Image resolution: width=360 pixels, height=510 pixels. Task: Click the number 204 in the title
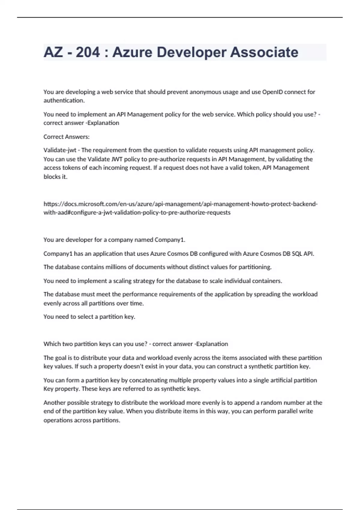click(x=88, y=52)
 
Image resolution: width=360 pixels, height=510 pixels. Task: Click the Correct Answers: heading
click(x=66, y=137)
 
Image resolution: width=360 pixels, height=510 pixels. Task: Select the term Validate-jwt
click(x=60, y=150)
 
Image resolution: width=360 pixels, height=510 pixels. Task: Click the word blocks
click(x=51, y=177)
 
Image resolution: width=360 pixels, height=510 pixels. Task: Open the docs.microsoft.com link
click(x=180, y=204)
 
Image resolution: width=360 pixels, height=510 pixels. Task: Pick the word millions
click(x=113, y=267)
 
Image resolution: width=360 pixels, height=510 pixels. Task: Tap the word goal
click(x=60, y=358)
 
